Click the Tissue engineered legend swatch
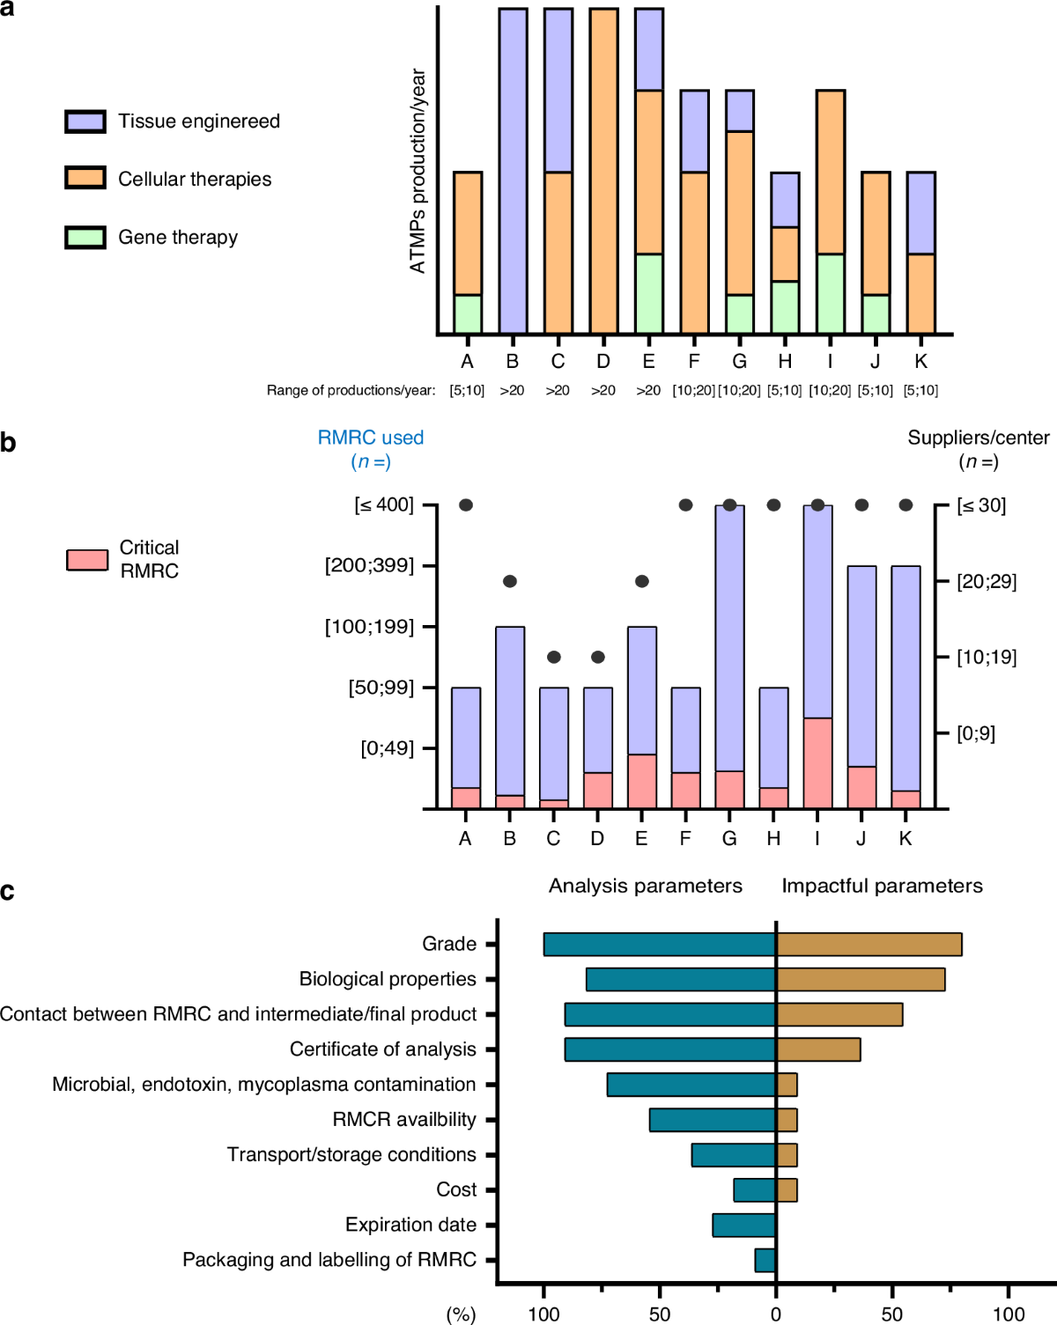point(85,121)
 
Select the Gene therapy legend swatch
point(85,238)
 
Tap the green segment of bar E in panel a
point(648,294)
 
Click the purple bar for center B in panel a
point(513,172)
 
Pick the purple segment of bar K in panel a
point(920,213)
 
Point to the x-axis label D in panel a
point(602,362)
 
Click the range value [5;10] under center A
point(467,390)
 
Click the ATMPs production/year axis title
point(418,172)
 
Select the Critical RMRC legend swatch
point(87,560)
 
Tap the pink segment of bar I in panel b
point(817,763)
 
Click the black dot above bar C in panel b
point(553,657)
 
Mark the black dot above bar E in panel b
point(641,581)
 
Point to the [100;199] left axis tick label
point(369,627)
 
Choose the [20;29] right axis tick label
point(987,581)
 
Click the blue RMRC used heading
point(370,438)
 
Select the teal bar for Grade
point(660,945)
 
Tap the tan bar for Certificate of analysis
point(818,1049)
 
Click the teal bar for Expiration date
point(744,1226)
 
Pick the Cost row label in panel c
point(456,1190)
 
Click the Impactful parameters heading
point(882,886)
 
